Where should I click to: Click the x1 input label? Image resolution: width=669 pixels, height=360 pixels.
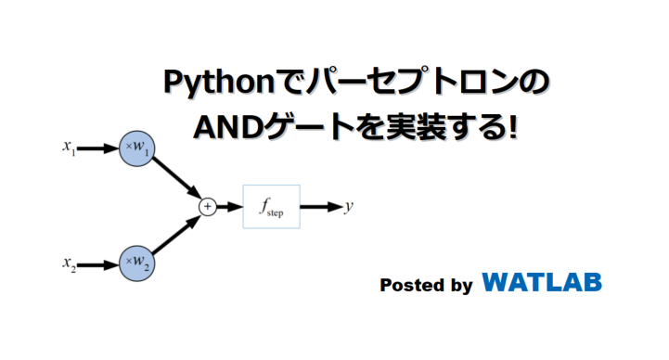pyautogui.click(x=69, y=147)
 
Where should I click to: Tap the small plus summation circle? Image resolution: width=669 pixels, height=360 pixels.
pyautogui.click(x=207, y=207)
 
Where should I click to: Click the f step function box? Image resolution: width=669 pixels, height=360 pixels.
pyautogui.click(x=271, y=207)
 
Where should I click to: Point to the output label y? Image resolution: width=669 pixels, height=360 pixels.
pyautogui.click(x=349, y=207)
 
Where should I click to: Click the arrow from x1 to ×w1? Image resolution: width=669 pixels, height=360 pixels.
pyautogui.click(x=96, y=148)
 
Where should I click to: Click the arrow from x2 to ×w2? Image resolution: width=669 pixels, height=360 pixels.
pyautogui.click(x=96, y=265)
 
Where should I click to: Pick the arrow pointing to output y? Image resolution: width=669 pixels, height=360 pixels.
pyautogui.click(x=321, y=207)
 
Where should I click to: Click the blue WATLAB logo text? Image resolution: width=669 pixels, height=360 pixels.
pyautogui.click(x=542, y=281)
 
